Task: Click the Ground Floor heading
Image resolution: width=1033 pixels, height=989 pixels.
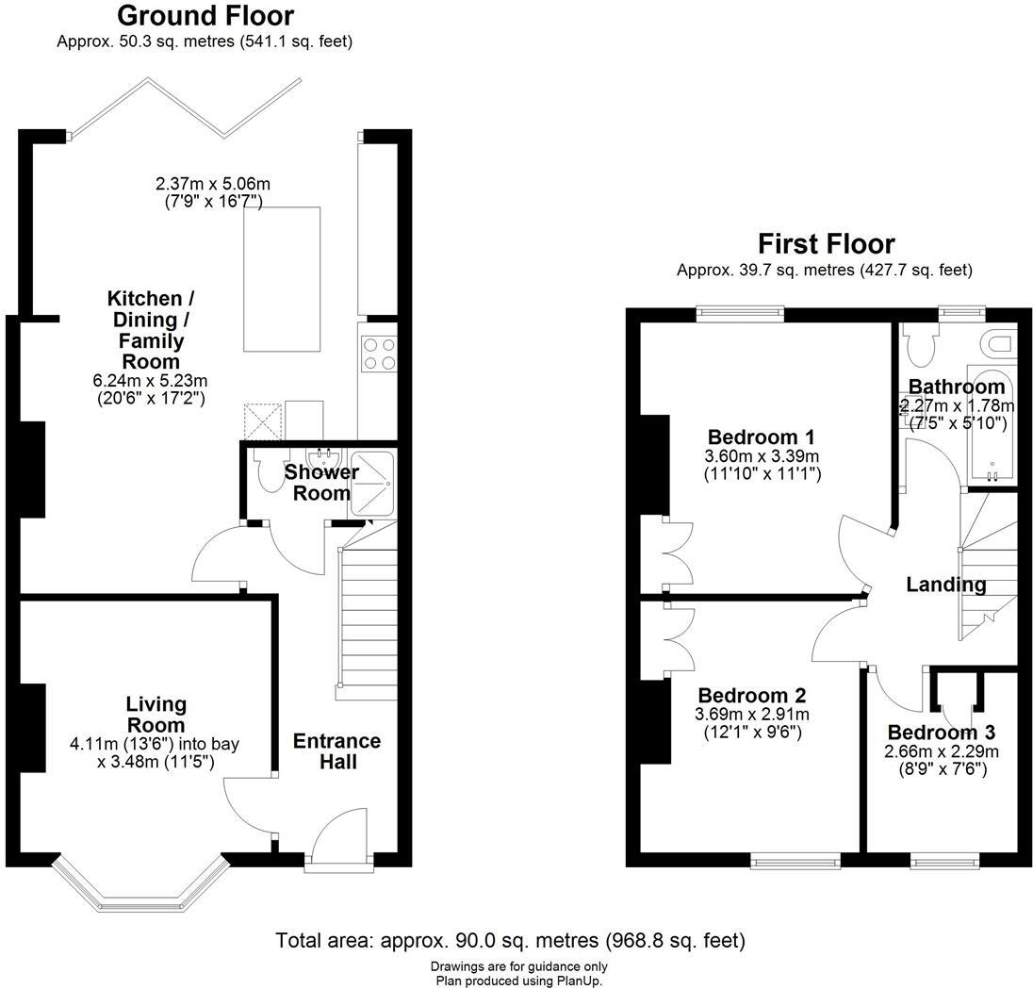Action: pyautogui.click(x=205, y=16)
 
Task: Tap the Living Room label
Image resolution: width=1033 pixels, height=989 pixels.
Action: pyautogui.click(x=156, y=715)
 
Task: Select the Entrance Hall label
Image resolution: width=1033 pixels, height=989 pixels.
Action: pyautogui.click(x=336, y=750)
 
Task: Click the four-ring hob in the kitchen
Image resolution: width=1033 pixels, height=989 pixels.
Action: pyautogui.click(x=379, y=354)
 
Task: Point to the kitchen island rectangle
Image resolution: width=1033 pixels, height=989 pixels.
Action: pyautogui.click(x=282, y=278)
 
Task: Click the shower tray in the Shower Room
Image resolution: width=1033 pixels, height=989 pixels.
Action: pyautogui.click(x=374, y=482)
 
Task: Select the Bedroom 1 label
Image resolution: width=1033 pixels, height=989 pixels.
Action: pyautogui.click(x=761, y=437)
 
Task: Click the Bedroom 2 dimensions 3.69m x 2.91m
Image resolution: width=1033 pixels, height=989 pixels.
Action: pyautogui.click(x=751, y=714)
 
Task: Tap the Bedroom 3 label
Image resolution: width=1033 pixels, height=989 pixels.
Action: pyautogui.click(x=941, y=733)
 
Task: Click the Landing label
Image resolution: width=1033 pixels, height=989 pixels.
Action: pyautogui.click(x=945, y=585)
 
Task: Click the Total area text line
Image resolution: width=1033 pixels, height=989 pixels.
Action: pyautogui.click(x=510, y=940)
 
